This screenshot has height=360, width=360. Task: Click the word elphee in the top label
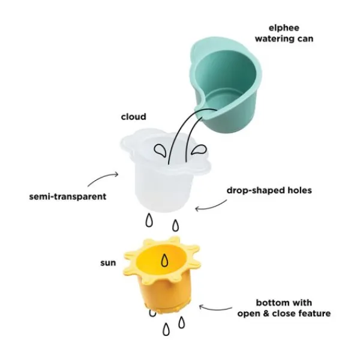(284, 28)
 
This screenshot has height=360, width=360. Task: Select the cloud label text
(134, 116)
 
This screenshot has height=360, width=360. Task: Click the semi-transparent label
(68, 197)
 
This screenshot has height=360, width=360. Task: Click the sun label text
(108, 263)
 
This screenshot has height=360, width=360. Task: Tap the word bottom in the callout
(271, 302)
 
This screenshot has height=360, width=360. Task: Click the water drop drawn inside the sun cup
(164, 260)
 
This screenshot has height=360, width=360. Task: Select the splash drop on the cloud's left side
(160, 151)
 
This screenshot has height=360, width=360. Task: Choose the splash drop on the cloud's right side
(199, 149)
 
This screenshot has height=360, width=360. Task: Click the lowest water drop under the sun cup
(166, 329)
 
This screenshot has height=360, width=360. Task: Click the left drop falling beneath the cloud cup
(149, 220)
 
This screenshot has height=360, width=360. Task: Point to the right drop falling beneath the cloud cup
(176, 225)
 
